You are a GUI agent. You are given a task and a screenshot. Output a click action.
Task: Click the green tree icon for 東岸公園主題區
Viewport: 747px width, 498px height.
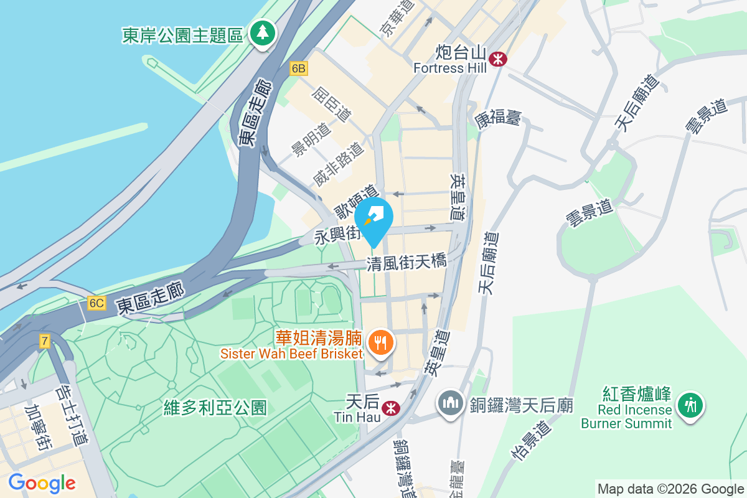pos(262,33)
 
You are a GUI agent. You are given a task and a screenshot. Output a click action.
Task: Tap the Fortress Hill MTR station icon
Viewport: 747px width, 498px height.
pos(498,59)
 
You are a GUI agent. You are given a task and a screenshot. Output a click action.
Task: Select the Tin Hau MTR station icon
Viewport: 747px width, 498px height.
pos(391,408)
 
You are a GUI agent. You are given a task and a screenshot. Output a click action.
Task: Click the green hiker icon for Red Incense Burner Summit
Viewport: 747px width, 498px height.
pos(690,405)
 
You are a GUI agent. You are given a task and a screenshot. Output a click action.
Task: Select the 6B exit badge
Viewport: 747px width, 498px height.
pos(299,68)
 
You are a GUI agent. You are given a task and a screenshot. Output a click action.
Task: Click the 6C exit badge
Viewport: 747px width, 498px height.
pos(96,303)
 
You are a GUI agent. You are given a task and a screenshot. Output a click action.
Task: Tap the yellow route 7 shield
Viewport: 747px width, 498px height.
pos(44,341)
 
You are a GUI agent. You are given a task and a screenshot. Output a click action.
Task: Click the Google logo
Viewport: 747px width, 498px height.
pos(42,483)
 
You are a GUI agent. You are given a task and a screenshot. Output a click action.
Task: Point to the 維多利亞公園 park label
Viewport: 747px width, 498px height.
pos(215,408)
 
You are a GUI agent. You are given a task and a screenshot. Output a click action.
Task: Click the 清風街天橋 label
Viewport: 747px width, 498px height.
pos(406,262)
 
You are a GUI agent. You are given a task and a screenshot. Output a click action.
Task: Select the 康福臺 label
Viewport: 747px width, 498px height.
pos(498,118)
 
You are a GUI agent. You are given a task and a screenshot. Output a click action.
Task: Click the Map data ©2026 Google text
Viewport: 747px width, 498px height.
pos(670,489)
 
